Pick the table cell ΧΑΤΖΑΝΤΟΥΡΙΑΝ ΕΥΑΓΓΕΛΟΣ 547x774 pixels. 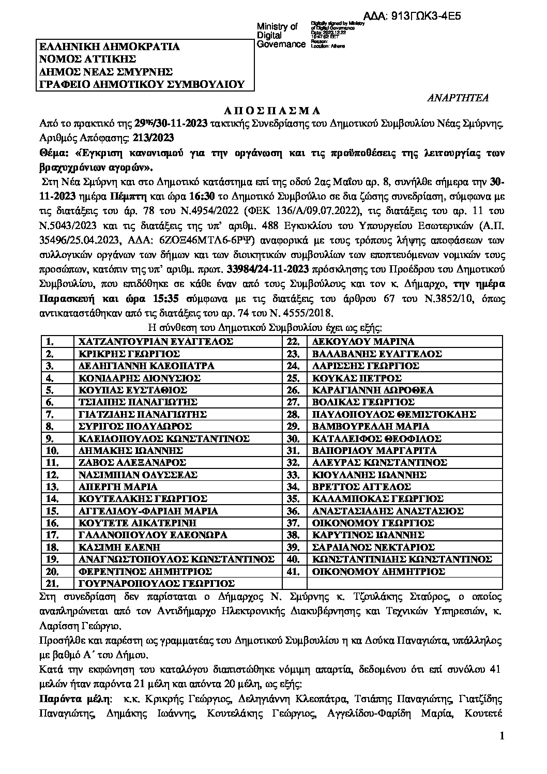click(155, 342)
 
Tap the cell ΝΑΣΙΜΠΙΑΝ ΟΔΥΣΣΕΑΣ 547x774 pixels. click(138, 475)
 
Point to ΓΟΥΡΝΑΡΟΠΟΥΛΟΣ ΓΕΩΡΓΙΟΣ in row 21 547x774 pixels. click(156, 583)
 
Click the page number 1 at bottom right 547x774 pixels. click(502, 736)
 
